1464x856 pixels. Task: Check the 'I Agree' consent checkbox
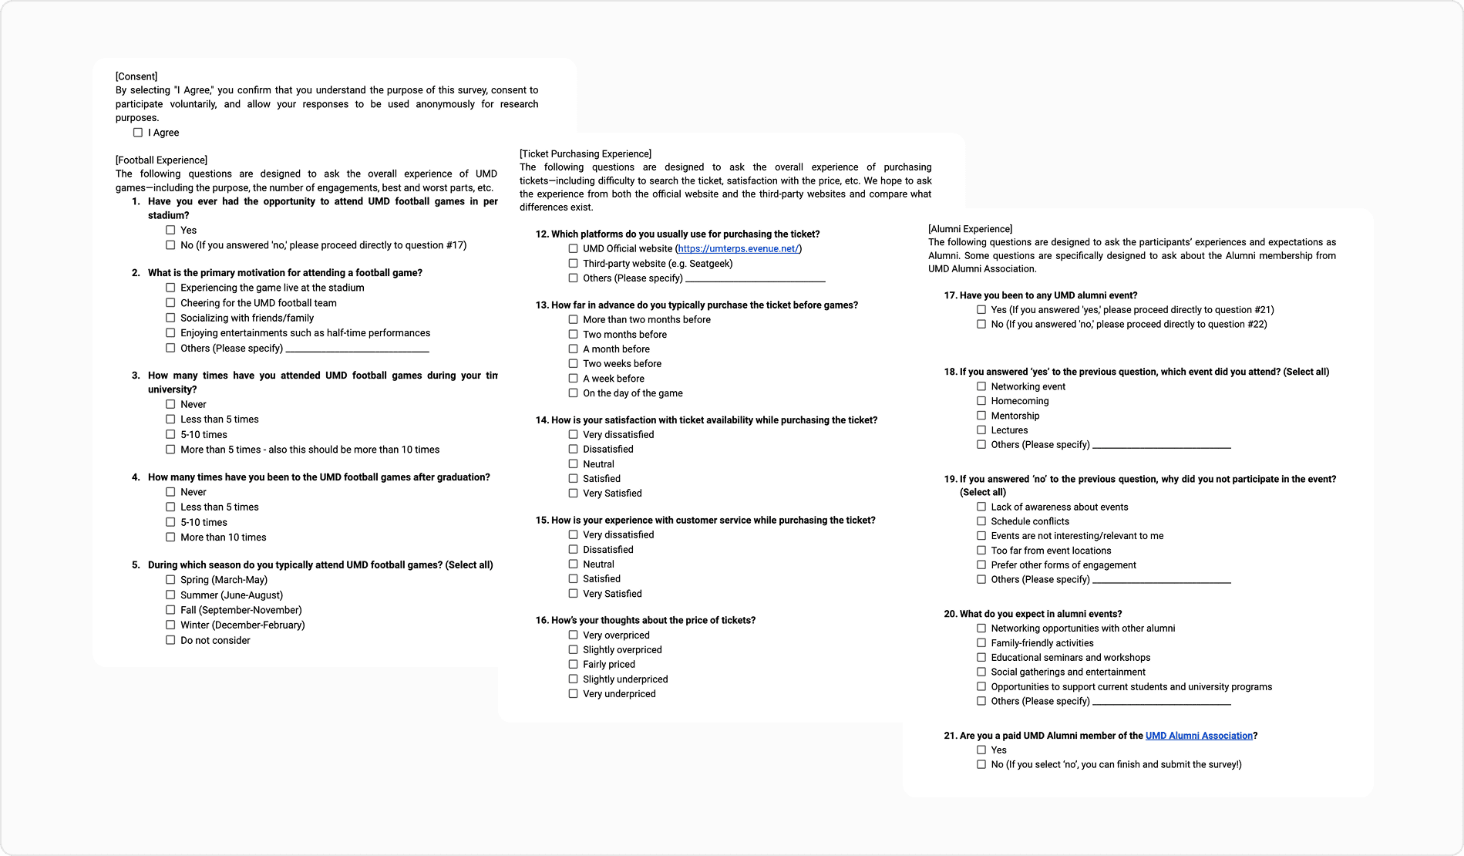138,133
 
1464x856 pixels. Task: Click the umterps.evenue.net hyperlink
738,249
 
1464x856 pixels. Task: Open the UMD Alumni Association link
1199,736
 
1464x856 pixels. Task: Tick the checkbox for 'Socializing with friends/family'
170,318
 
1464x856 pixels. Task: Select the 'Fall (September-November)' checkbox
170,610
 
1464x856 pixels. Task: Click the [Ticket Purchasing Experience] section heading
585,153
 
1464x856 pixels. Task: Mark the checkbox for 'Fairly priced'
573,664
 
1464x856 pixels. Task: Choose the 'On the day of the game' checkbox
573,393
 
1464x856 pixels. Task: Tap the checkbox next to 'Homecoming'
981,401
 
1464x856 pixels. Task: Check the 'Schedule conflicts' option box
981,521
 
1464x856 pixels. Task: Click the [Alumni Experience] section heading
970,229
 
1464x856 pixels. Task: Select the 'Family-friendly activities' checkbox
981,643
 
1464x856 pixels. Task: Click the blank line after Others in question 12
755,278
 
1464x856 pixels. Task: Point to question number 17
951,295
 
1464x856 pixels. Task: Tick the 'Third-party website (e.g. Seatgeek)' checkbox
573,264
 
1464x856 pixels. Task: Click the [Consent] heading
136,76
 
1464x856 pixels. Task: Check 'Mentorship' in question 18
981,416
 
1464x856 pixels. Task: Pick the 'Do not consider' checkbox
170,640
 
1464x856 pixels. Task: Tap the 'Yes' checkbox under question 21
981,750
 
